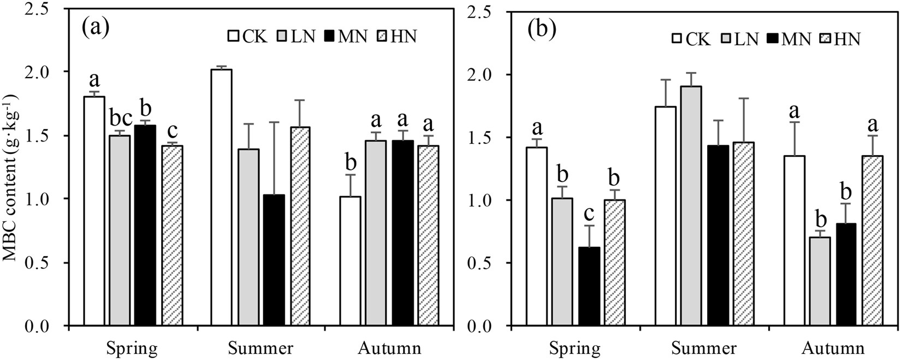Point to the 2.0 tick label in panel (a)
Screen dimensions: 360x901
pos(46,72)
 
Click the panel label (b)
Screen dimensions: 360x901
pos(541,29)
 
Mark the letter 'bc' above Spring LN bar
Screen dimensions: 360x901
pos(119,119)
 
